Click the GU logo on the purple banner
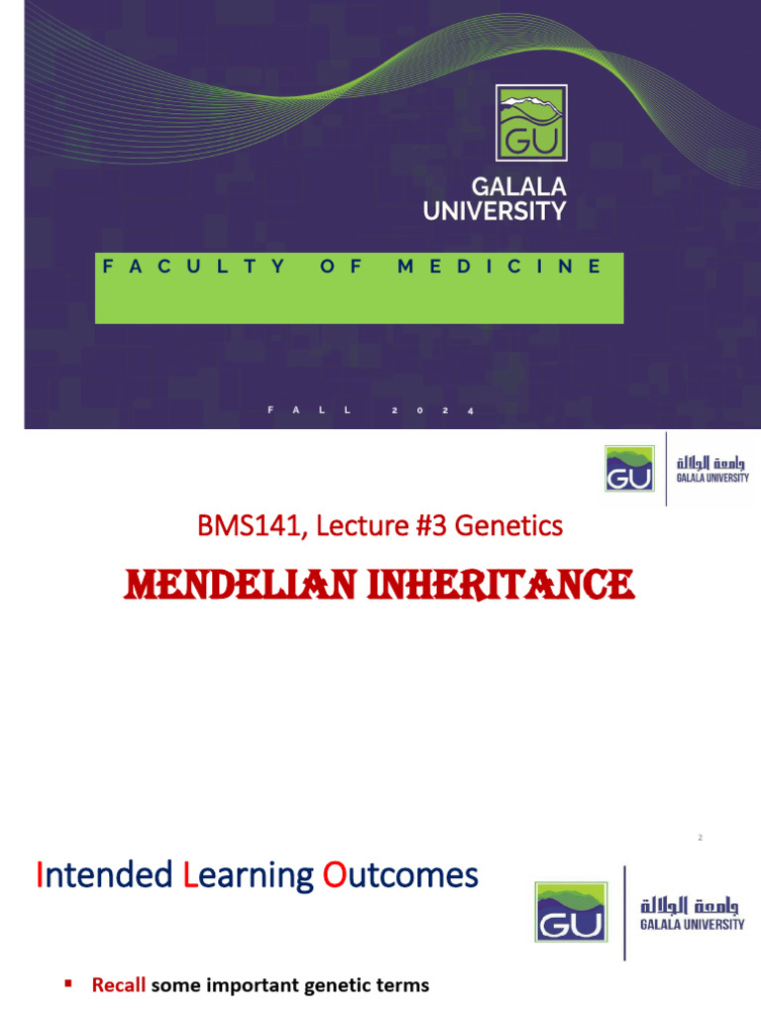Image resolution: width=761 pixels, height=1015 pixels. [531, 123]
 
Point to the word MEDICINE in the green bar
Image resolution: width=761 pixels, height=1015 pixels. [499, 267]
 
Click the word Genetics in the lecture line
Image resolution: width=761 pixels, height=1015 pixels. [508, 525]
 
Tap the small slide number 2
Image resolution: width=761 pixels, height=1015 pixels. [700, 839]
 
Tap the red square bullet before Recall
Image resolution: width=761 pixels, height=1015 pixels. [68, 984]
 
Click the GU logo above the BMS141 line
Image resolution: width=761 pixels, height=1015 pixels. [629, 469]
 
